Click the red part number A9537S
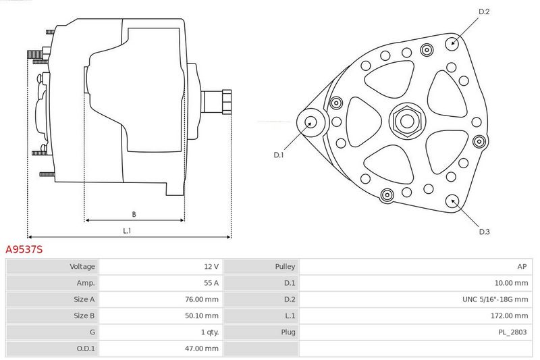(24, 249)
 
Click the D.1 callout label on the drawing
(279, 155)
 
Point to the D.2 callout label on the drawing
(484, 11)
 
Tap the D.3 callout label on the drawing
(484, 232)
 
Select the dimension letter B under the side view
(134, 214)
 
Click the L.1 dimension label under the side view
(127, 231)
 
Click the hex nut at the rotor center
(408, 121)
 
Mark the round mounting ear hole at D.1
(311, 122)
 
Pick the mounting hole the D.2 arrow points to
(452, 43)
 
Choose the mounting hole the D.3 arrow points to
(452, 201)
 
